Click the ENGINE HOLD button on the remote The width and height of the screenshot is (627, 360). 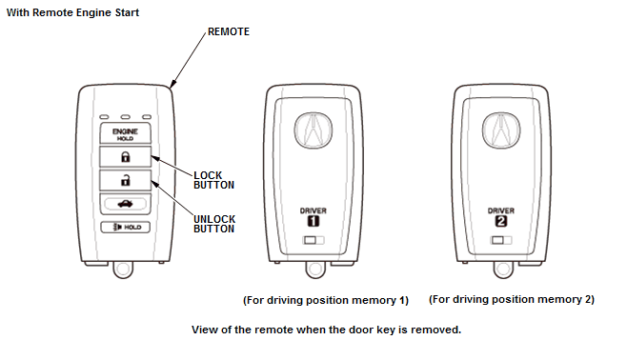click(125, 133)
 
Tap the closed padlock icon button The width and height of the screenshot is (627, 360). click(125, 156)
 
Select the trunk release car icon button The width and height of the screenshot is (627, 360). click(125, 204)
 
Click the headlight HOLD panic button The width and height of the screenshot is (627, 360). click(125, 227)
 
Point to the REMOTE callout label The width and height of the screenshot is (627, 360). click(229, 31)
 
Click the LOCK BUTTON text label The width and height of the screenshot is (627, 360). click(213, 180)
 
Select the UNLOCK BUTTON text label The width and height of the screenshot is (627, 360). click(214, 224)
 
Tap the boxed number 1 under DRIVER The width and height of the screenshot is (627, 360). click(313, 221)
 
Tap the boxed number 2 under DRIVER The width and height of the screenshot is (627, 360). click(501, 221)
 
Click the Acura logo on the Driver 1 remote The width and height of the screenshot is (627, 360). click(313, 130)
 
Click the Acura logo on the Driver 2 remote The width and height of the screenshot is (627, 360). click(501, 130)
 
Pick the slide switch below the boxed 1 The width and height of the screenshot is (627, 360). click(313, 240)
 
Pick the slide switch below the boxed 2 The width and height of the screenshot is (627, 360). click(501, 240)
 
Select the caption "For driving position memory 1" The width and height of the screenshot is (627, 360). click(326, 300)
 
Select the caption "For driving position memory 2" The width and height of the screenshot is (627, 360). click(512, 299)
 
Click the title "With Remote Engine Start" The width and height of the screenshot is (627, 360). click(72, 12)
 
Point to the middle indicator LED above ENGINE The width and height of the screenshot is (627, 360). click(126, 117)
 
